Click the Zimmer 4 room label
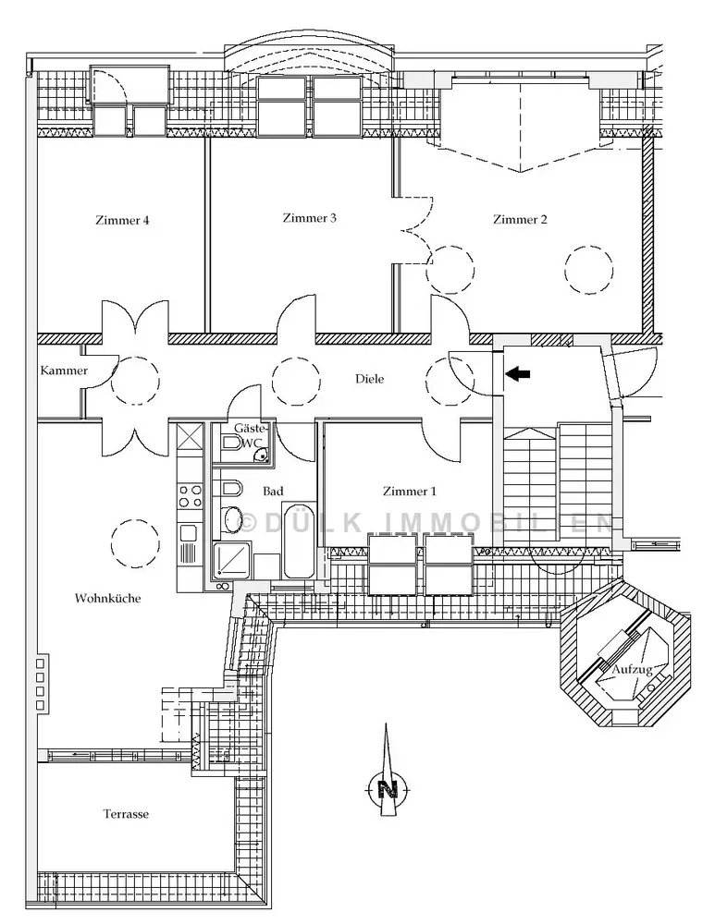click(121, 221)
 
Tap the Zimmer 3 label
click(309, 219)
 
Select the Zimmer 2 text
click(520, 220)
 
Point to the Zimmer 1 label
click(410, 492)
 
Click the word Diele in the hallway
click(369, 379)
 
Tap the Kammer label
click(64, 371)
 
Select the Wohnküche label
click(107, 599)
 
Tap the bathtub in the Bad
click(298, 541)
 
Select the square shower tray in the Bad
click(229, 560)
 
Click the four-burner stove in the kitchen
click(190, 495)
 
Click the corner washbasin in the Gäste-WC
click(261, 453)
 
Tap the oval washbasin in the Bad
click(231, 519)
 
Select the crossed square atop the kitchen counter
click(190, 435)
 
